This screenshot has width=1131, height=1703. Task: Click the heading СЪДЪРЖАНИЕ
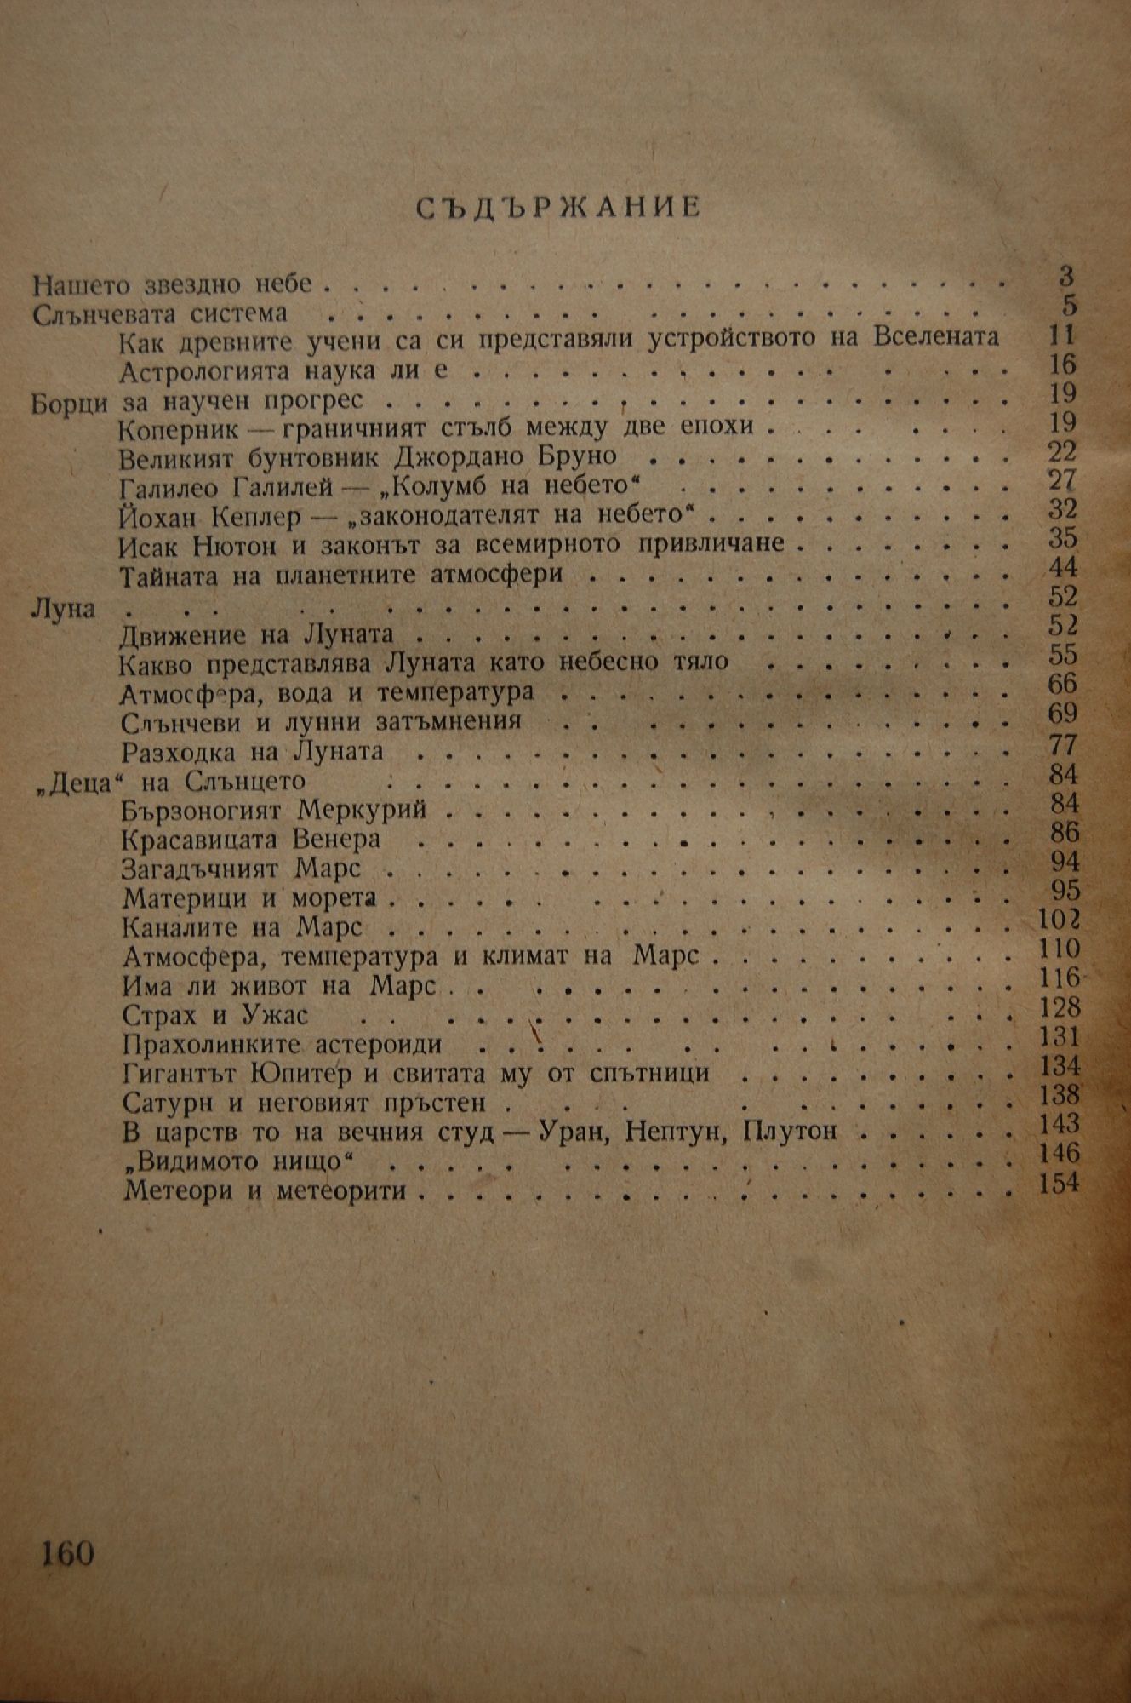click(561, 208)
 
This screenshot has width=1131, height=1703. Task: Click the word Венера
click(334, 840)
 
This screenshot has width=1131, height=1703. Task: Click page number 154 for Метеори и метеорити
click(1059, 1183)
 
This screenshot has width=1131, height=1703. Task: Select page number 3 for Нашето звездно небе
click(1066, 276)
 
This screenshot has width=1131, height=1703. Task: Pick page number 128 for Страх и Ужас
click(1060, 1008)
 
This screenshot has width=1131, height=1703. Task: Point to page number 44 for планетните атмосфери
click(1063, 568)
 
